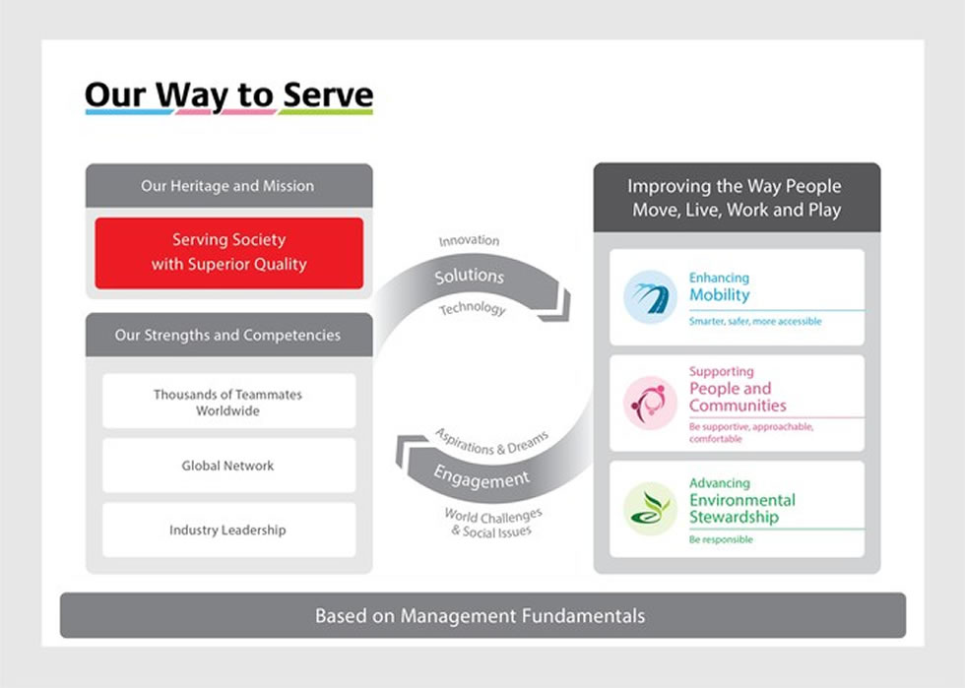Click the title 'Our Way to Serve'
coord(228,95)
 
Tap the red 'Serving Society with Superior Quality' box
coord(228,252)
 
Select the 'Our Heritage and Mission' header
coord(227,186)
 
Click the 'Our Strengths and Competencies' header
coord(227,335)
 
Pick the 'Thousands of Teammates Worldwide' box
coord(227,402)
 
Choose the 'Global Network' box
coord(227,466)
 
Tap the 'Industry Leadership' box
coord(227,530)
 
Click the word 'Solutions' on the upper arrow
coord(470,277)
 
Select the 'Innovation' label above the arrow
coord(469,241)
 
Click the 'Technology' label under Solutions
coord(472,309)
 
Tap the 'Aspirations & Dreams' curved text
coord(492,442)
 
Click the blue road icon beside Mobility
coord(650,296)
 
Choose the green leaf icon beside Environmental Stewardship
coord(650,508)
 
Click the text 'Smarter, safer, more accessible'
coord(755,322)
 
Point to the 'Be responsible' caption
coord(721,540)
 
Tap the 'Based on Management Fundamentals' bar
coord(482,616)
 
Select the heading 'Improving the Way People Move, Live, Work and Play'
coord(736,198)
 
